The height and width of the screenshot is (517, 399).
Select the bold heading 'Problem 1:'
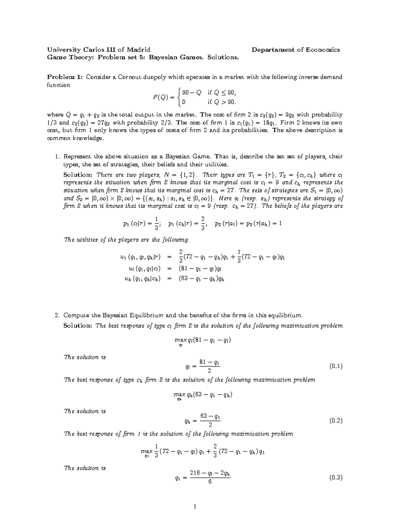pyautogui.click(x=65, y=77)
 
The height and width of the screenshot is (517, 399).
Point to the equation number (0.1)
pyautogui.click(x=335, y=367)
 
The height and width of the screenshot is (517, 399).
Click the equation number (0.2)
pyautogui.click(x=335, y=420)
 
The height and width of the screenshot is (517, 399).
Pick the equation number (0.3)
pyautogui.click(x=335, y=478)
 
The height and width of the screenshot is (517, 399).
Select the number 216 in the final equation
pyautogui.click(x=195, y=473)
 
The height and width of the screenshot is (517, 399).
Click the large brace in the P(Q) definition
pyautogui.click(x=180, y=97)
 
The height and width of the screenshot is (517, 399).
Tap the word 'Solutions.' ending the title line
pyautogui.click(x=223, y=57)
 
